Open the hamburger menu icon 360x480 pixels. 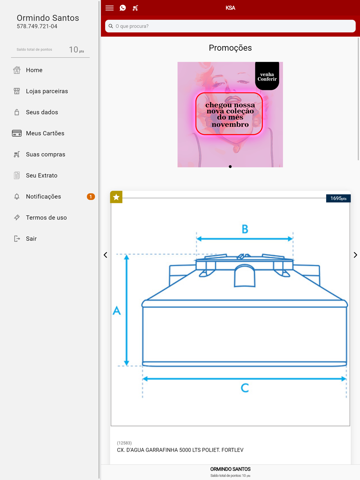(109, 8)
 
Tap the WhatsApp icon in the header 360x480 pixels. (123, 8)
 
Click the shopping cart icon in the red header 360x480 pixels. (135, 8)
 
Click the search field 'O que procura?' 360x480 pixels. (230, 26)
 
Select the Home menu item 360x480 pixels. (34, 70)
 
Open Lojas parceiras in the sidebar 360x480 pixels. (47, 91)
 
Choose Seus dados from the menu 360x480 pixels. (42, 112)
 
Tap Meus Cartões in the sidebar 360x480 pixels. (45, 133)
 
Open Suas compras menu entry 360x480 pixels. (45, 154)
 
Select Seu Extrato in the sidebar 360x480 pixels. (41, 175)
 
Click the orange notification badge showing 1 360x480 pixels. (91, 196)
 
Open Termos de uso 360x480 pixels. (46, 218)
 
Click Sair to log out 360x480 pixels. (31, 239)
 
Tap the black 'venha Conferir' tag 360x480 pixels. (267, 76)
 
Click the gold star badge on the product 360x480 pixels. (116, 197)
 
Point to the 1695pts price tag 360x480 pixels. (338, 198)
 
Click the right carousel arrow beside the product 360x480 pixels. (355, 255)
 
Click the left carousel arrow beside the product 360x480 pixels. (105, 255)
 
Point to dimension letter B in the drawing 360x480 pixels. (245, 229)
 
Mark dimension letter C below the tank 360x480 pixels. (245, 388)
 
